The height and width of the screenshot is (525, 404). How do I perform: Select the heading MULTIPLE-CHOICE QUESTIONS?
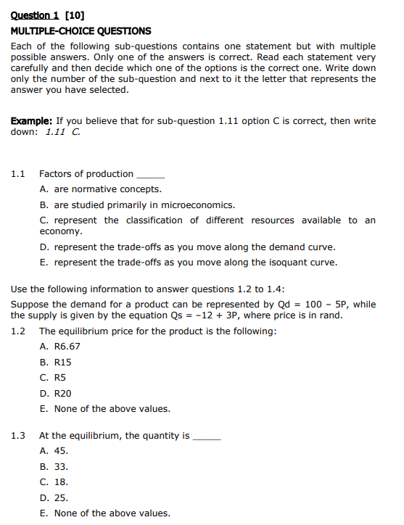81,30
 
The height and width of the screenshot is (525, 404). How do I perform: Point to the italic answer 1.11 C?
62,132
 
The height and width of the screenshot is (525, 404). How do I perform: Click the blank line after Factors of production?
151,176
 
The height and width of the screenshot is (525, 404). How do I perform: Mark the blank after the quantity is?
205,437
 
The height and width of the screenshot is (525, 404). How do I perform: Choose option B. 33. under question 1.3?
54,466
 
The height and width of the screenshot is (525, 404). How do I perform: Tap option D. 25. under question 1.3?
54,497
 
